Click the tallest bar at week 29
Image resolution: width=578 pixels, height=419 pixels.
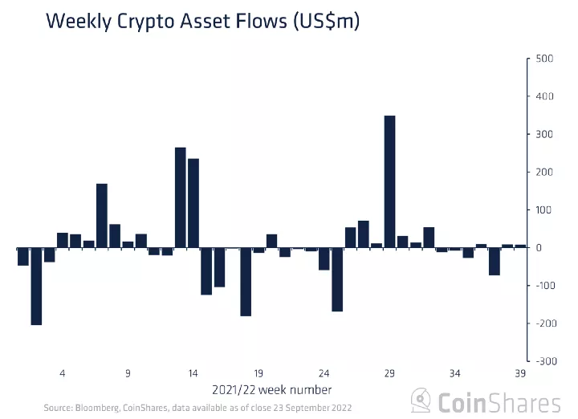[389, 181]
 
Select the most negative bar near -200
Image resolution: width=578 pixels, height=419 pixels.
[36, 287]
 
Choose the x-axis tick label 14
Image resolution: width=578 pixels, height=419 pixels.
[193, 373]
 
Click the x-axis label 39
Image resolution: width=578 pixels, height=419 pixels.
[520, 373]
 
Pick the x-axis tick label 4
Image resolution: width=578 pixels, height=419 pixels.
[63, 373]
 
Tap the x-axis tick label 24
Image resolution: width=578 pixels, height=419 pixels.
[324, 373]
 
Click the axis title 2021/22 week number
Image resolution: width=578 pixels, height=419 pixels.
[271, 390]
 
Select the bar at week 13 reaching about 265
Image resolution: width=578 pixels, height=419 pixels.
[180, 197]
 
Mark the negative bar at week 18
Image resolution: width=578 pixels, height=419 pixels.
[246, 282]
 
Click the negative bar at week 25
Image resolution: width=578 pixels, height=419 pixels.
[337, 279]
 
